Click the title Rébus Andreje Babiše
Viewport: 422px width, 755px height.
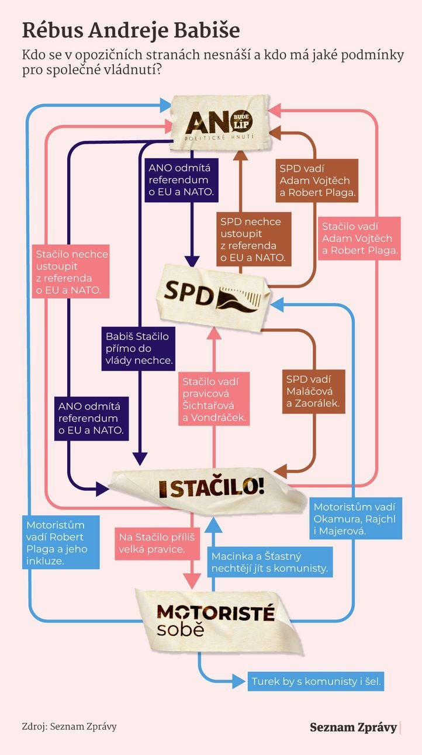click(x=131, y=30)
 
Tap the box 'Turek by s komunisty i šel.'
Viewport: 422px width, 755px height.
click(x=316, y=681)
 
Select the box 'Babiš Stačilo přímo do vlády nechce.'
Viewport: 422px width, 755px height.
click(x=139, y=349)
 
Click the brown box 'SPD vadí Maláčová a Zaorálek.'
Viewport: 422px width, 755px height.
click(x=313, y=390)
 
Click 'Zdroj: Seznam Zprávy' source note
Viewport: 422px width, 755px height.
click(x=69, y=726)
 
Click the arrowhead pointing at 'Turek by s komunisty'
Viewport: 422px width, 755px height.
click(x=237, y=681)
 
